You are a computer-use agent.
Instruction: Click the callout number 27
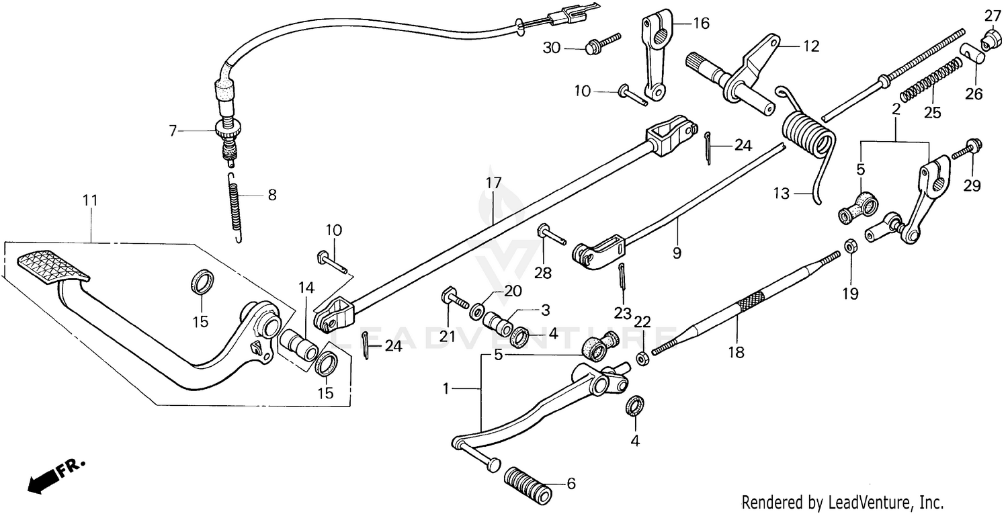point(993,15)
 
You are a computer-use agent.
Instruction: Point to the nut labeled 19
point(849,247)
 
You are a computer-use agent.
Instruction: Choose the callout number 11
point(90,200)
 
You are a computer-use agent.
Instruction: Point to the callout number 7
point(173,131)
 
